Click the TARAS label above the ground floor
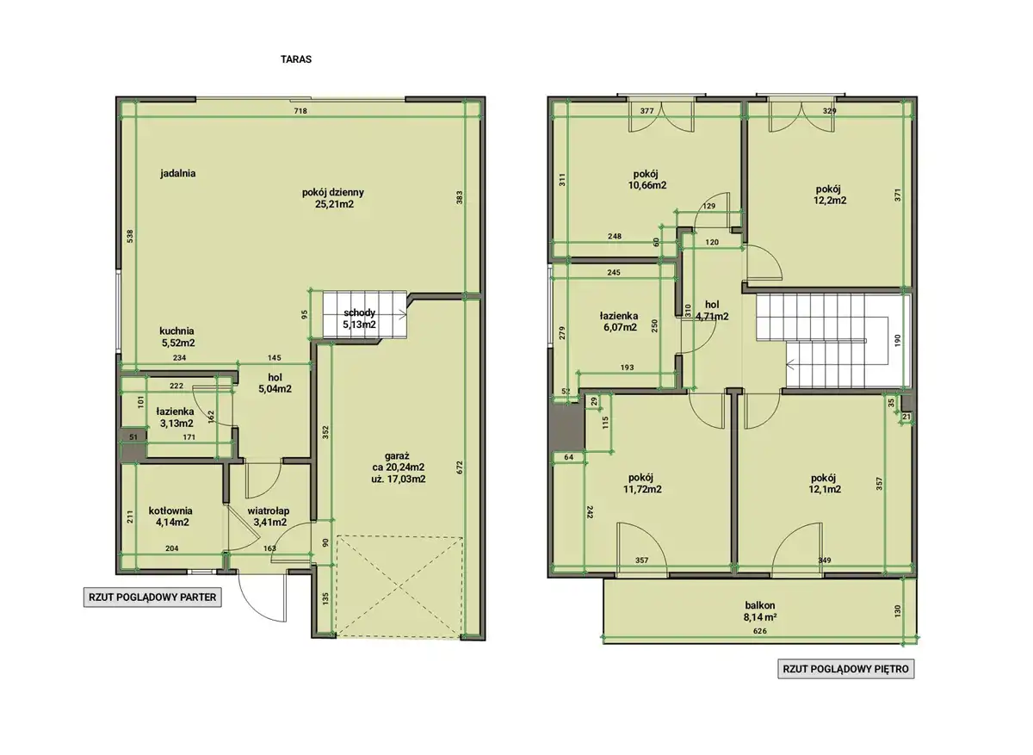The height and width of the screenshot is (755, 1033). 296,59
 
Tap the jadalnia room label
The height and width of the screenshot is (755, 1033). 178,173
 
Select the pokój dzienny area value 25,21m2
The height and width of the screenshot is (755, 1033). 334,204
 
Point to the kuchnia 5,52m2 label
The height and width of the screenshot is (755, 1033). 177,337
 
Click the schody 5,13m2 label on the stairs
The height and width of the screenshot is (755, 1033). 359,319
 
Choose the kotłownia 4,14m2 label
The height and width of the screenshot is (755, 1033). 170,517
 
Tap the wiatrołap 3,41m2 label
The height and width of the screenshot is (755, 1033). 269,517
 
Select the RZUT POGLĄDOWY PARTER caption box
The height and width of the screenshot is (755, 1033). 152,597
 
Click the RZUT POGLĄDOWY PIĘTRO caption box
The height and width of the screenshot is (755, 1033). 845,669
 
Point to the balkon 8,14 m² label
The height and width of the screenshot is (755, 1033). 760,611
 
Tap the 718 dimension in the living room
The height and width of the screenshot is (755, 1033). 300,111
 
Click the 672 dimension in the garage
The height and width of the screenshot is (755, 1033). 460,467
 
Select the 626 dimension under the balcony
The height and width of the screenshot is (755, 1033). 760,631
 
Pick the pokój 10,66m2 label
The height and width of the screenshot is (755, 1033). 647,180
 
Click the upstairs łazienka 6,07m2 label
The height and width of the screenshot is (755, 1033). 619,321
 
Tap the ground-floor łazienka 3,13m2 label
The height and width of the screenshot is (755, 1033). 176,417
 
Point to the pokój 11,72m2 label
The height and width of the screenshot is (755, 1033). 642,483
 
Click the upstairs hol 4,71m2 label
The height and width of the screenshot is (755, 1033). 712,311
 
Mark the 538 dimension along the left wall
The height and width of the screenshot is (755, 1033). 130,237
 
